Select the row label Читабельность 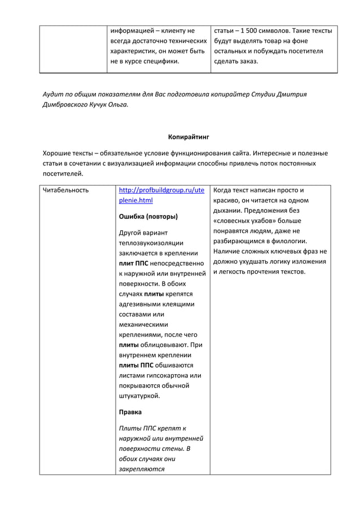66,190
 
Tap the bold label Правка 130,412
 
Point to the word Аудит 55,93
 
